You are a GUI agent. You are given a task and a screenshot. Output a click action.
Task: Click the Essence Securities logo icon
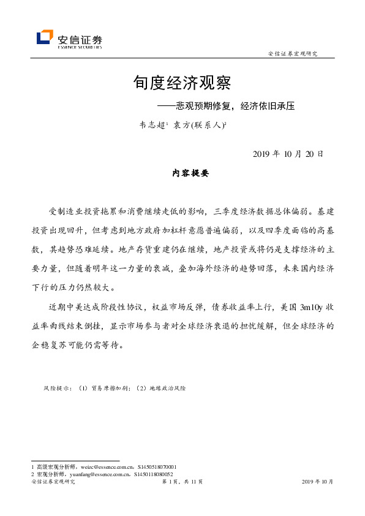[45, 38]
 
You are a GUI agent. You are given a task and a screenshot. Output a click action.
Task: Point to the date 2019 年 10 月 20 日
[288, 154]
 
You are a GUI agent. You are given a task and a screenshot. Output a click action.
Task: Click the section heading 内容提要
[190, 174]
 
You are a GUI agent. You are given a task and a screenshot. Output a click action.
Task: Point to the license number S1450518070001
[157, 467]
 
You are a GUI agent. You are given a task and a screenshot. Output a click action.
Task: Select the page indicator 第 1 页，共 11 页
[182, 482]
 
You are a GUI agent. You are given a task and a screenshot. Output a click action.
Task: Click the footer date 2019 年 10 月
[318, 482]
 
